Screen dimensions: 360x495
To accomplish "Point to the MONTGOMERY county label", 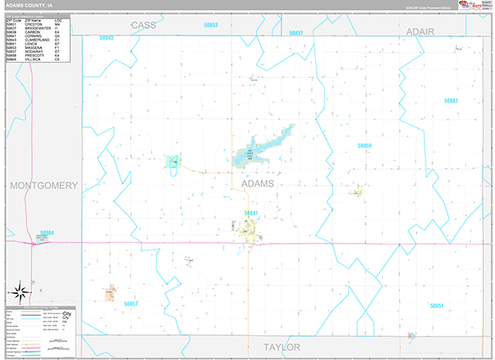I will [x=43, y=184].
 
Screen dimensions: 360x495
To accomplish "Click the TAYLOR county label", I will [x=281, y=346].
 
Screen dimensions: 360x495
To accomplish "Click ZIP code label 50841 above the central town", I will [x=252, y=213].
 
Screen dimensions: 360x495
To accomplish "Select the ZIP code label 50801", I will [x=450, y=100].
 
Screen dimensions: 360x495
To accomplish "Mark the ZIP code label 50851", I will [x=436, y=306].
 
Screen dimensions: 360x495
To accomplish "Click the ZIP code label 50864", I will [x=47, y=232].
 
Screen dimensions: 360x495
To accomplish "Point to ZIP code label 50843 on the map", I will [x=106, y=38].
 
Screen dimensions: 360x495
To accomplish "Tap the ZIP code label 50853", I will [x=210, y=26].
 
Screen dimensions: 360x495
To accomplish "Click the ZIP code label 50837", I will [x=296, y=33].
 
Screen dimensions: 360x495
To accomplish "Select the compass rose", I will [x=20, y=291].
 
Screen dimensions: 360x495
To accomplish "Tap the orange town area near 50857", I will [x=110, y=292].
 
